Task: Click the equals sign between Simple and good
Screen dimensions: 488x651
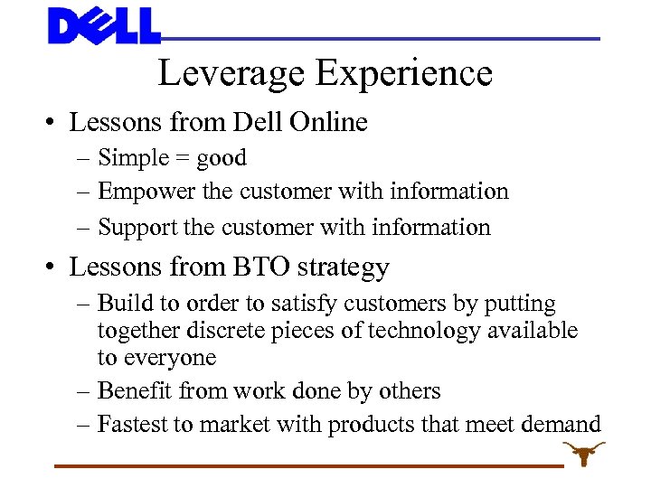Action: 179,158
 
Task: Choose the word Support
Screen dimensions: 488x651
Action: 136,228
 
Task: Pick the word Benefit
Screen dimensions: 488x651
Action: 137,390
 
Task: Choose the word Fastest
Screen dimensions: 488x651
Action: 135,423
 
